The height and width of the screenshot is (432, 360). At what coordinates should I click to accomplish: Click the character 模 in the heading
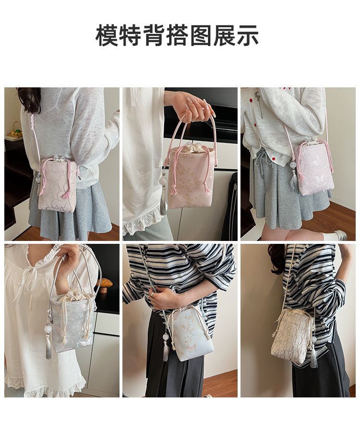(x=107, y=35)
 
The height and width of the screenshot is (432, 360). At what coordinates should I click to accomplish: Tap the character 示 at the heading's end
(x=248, y=35)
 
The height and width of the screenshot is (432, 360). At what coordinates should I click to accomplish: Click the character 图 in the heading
(x=201, y=35)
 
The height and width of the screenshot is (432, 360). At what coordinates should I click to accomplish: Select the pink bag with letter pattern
(x=58, y=185)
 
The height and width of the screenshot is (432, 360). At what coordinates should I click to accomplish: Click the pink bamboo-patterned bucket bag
(x=191, y=176)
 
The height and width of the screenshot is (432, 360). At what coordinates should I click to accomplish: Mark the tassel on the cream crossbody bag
(x=314, y=358)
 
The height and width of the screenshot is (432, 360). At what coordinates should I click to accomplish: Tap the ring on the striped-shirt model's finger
(x=152, y=295)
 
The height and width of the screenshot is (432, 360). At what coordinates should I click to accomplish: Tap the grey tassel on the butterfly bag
(x=294, y=179)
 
